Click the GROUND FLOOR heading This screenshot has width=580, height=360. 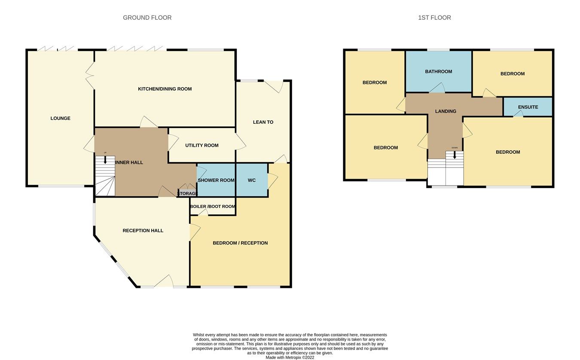[147, 18]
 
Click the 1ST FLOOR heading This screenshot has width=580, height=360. [434, 18]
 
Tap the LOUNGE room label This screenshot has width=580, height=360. [60, 118]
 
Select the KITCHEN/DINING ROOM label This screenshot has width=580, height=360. [165, 89]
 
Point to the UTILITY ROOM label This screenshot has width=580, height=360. [202, 145]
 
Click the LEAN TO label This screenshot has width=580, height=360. [263, 122]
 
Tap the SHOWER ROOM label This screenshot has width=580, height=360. [216, 180]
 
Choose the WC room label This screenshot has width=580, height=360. [252, 180]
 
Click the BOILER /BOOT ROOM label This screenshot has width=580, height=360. [213, 206]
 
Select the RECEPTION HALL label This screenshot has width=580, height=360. [143, 230]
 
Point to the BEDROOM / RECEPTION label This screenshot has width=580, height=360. [240, 243]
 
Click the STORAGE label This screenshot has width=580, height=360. [188, 194]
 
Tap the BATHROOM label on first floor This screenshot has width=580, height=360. [438, 71]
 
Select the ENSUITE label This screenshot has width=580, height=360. [528, 107]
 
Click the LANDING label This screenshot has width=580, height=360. [446, 111]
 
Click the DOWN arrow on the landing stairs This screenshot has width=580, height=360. [455, 155]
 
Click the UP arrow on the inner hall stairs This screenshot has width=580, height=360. [105, 159]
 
